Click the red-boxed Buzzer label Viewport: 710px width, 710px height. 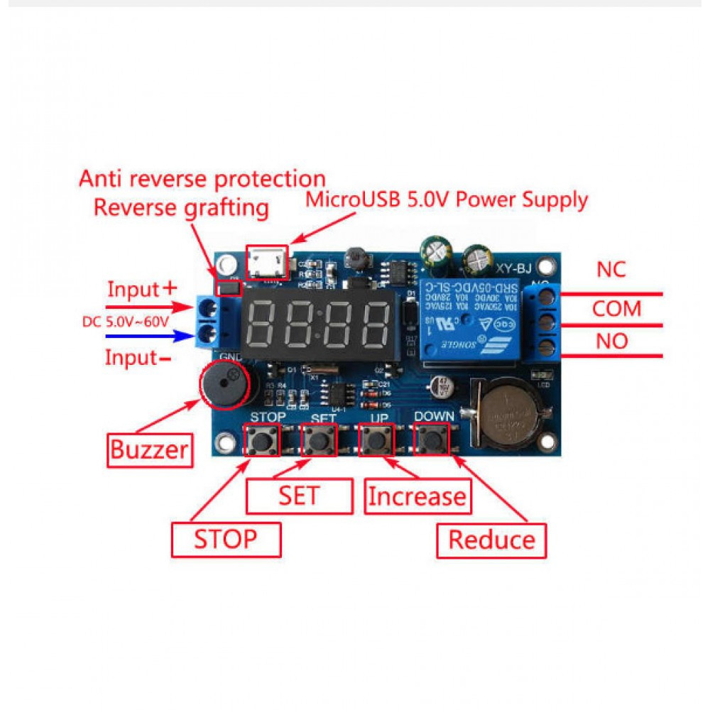pyautogui.click(x=150, y=449)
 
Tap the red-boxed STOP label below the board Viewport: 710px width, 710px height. pyautogui.click(x=226, y=540)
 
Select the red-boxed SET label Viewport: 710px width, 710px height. pyautogui.click(x=299, y=496)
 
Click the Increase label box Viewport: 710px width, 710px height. pyautogui.click(x=417, y=496)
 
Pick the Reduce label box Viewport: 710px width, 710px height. pyautogui.click(x=491, y=540)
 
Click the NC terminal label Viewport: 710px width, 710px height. pyautogui.click(x=612, y=270)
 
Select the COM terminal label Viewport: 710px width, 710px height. pyautogui.click(x=616, y=309)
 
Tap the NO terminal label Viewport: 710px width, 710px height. pyautogui.click(x=612, y=342)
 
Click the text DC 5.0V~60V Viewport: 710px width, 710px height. pyautogui.click(x=125, y=322)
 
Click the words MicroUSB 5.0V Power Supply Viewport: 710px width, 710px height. pyautogui.click(x=447, y=200)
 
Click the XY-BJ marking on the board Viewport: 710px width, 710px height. pyautogui.click(x=513, y=268)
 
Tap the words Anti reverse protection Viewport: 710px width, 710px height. pyautogui.click(x=202, y=178)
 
